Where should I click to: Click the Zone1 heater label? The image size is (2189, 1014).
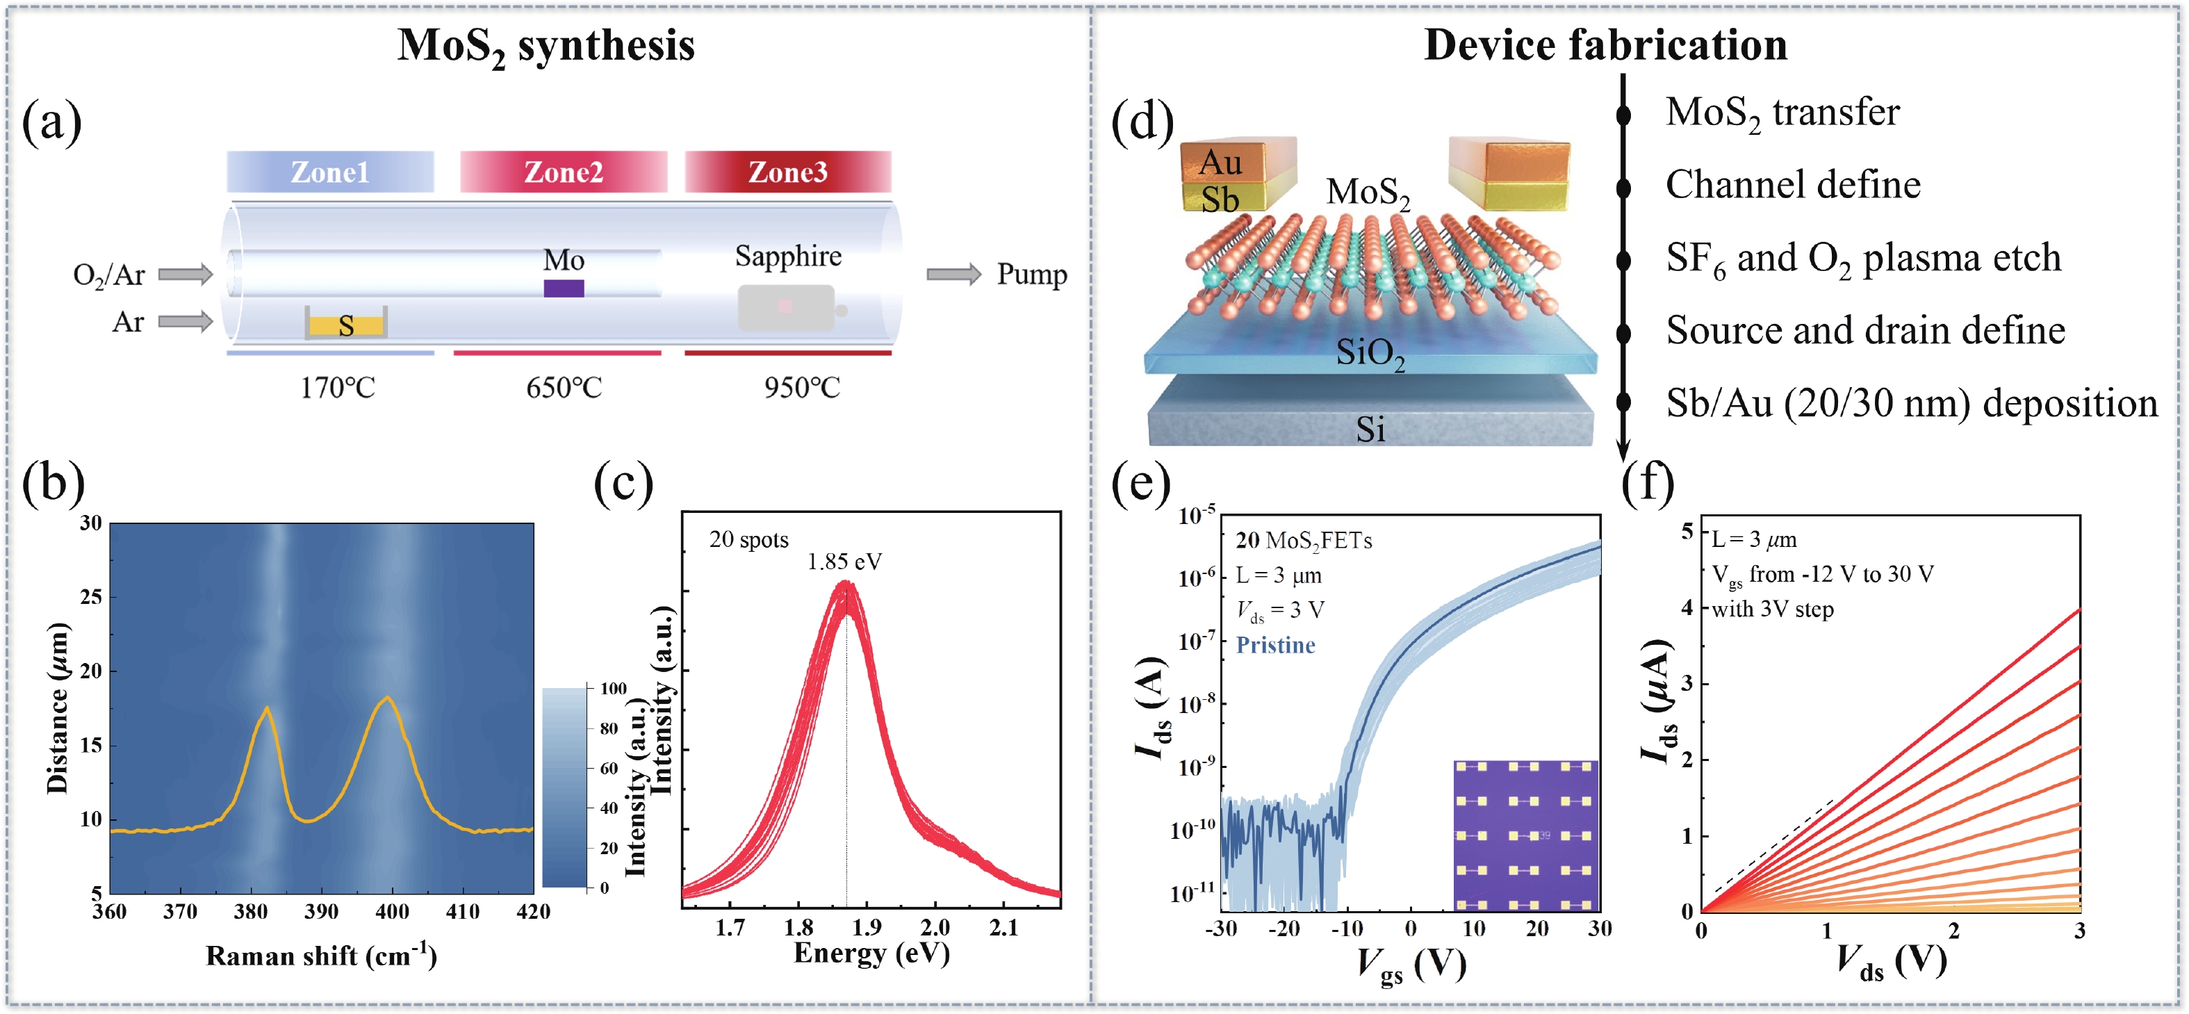click(x=329, y=172)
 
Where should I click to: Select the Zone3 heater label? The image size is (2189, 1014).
click(x=788, y=172)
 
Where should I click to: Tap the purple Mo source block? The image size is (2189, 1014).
click(x=564, y=288)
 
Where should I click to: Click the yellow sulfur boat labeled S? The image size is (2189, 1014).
click(x=346, y=325)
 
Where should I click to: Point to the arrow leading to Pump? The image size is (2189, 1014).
click(x=953, y=274)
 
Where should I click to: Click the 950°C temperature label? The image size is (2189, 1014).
click(x=801, y=388)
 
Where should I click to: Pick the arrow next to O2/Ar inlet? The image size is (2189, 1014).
click(x=186, y=274)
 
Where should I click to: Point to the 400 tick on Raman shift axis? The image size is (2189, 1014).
click(x=392, y=912)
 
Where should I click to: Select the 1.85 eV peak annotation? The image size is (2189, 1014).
click(x=844, y=561)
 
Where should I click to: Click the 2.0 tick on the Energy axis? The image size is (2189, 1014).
click(x=935, y=926)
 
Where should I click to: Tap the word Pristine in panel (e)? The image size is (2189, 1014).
click(x=1274, y=645)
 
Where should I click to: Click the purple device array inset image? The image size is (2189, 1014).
click(x=1525, y=835)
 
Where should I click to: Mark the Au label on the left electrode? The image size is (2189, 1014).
click(x=1220, y=161)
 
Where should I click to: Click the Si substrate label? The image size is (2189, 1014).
click(x=1370, y=430)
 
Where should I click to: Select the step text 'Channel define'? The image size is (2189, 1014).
click(x=1792, y=184)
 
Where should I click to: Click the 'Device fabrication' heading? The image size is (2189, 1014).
click(x=1605, y=44)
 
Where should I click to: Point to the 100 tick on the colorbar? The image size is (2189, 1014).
click(x=613, y=689)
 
